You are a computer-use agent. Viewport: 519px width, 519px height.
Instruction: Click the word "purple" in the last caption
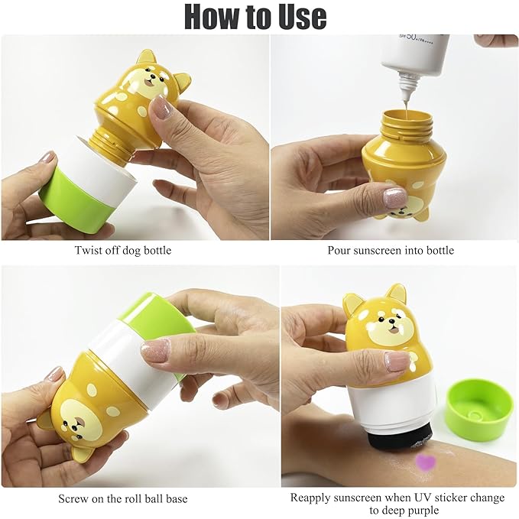click(x=421, y=511)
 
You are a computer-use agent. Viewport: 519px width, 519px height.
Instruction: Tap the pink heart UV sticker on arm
click(x=424, y=462)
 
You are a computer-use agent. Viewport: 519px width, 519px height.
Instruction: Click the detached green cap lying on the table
click(x=478, y=409)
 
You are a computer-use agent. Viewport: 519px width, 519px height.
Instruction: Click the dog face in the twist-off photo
click(x=153, y=79)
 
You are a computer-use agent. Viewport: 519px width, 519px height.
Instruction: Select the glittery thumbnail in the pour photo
click(x=395, y=197)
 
